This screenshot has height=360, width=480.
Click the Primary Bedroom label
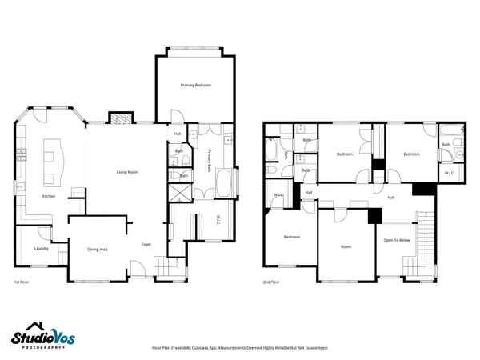[195, 85]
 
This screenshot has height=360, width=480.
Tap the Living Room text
[127, 172]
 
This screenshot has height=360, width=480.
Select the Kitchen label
[49, 196]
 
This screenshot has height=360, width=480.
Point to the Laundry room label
[42, 249]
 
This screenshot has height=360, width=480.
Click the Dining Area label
[98, 250]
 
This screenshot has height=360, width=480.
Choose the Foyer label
[146, 244]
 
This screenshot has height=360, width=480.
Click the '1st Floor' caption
[22, 282]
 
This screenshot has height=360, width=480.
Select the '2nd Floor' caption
[271, 282]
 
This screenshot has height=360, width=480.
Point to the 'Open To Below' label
[397, 240]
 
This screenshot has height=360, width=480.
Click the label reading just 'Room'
[346, 246]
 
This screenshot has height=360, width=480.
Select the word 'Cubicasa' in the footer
[211, 348]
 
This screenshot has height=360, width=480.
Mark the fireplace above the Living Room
[118, 118]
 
